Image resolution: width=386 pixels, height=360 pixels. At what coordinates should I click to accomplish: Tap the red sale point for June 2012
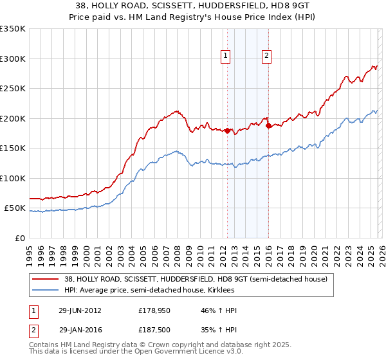click(x=227, y=130)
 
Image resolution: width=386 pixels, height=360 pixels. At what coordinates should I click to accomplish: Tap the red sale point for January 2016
click(x=268, y=126)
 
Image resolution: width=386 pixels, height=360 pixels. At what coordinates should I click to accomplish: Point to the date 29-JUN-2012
click(x=80, y=310)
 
